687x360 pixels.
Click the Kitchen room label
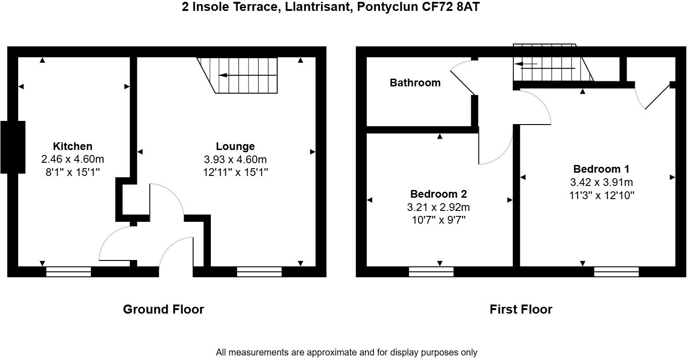[x=73, y=146]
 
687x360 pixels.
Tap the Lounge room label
[x=235, y=146]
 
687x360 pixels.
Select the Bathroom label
[x=415, y=83]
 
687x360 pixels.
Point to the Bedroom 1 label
[x=601, y=169]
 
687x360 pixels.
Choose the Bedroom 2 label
[x=438, y=194]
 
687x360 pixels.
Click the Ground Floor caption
[x=164, y=310]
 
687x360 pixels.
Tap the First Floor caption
[x=521, y=310]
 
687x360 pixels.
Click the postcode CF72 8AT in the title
[x=452, y=7]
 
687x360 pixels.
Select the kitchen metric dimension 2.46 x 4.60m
[x=73, y=159]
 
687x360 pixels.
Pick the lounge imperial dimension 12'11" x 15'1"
[x=235, y=172]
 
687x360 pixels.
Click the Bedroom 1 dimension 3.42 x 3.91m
[x=601, y=182]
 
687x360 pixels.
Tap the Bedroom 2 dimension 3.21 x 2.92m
[x=438, y=207]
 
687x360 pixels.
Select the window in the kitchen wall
[x=69, y=272]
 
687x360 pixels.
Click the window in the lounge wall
[x=259, y=272]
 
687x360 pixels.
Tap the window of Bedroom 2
[x=431, y=272]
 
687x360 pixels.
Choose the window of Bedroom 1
[x=616, y=272]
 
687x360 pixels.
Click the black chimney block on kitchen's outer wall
[x=13, y=147]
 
